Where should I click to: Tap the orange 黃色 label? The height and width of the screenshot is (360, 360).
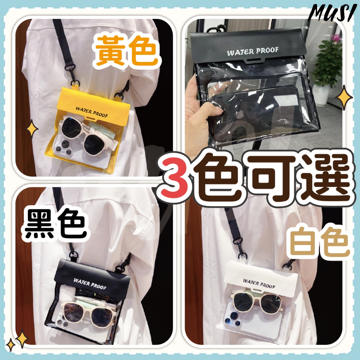click(x=127, y=51)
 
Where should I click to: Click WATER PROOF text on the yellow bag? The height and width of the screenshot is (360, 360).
click(x=92, y=112)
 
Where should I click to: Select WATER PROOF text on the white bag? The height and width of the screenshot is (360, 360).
click(x=259, y=284)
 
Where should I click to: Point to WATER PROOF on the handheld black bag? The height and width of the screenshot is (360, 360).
click(x=253, y=51)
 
